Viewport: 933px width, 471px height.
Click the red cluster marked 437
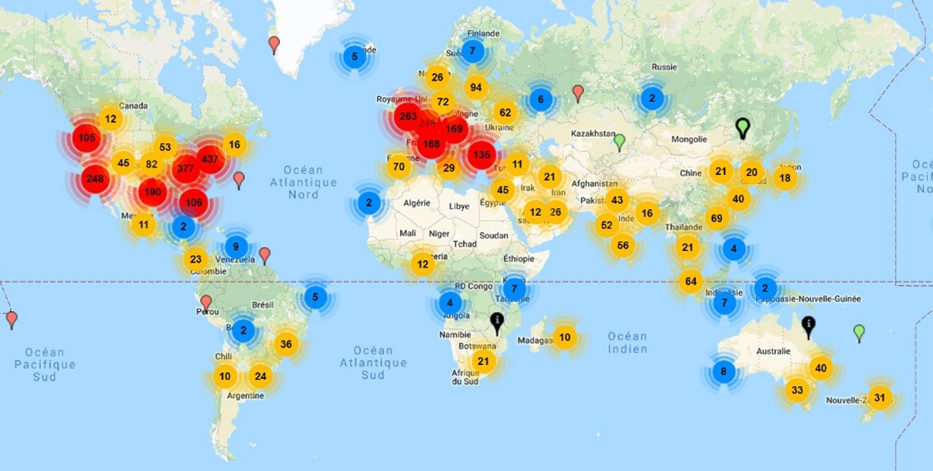pos(210,159)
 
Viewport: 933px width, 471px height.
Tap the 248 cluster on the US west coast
pos(96,180)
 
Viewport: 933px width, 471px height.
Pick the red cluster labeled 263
pos(408,116)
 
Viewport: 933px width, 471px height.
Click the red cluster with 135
pos(481,155)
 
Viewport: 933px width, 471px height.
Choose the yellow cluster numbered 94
pos(476,87)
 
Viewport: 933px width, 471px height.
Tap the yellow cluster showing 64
pos(691,280)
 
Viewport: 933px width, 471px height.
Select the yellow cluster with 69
pos(715,218)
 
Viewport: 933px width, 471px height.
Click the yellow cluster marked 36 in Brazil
pos(286,344)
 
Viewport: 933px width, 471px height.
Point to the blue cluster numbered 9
pos(235,247)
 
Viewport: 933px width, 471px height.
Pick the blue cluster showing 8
pos(723,372)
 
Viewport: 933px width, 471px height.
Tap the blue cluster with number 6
pos(541,99)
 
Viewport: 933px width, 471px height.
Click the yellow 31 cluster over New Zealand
pos(880,397)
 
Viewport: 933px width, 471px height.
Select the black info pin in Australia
pos(809,327)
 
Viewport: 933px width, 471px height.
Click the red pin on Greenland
pos(274,45)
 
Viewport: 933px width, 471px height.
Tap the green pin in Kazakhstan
pos(619,142)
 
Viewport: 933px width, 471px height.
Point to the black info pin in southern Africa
pos(498,323)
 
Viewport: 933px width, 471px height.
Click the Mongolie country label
pos(689,140)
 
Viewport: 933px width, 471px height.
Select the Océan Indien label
pos(627,342)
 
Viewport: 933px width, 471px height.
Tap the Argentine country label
pos(246,395)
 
